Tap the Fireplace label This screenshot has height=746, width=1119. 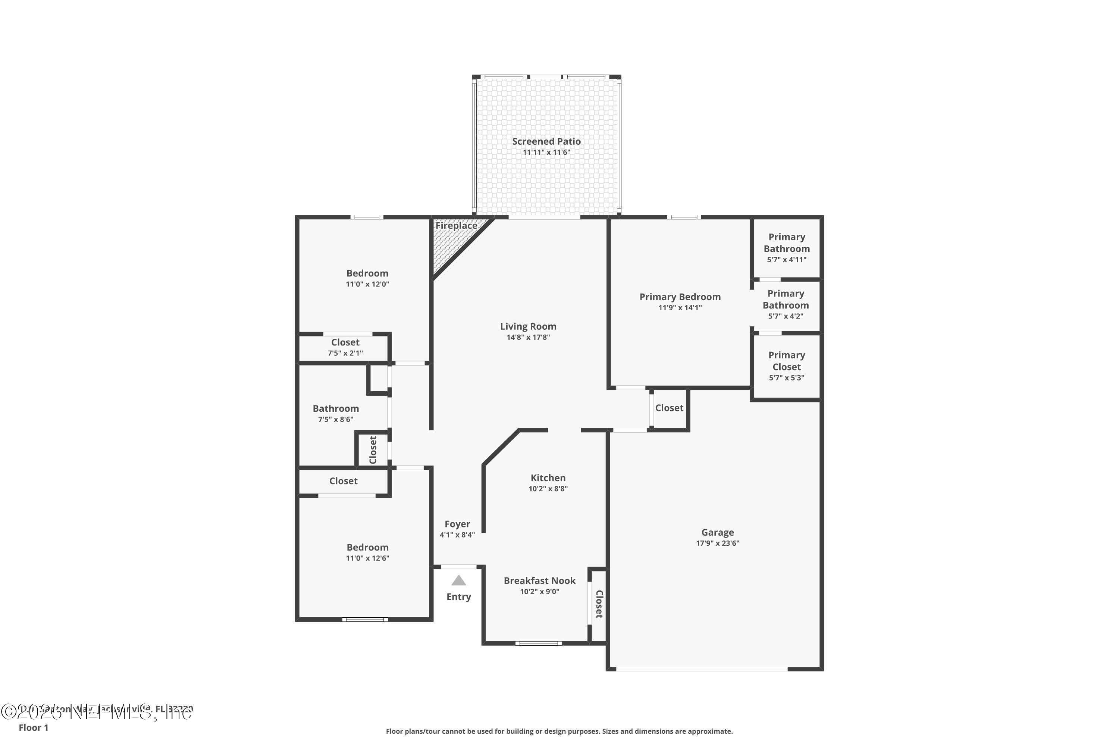tap(456, 226)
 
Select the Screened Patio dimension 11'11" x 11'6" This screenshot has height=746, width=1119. tap(546, 152)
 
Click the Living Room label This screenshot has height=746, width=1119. tap(528, 326)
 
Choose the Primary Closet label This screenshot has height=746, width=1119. tap(786, 361)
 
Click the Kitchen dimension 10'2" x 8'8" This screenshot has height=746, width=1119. tap(548, 489)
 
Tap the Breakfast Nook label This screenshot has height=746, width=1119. tap(539, 580)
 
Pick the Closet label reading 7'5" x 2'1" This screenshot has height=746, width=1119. tap(345, 342)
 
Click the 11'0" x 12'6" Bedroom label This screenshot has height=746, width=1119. tap(367, 547)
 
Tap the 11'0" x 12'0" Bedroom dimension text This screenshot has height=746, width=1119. tap(367, 284)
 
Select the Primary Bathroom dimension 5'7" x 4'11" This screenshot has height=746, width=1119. tap(786, 260)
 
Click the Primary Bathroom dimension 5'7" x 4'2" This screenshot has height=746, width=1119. tap(785, 316)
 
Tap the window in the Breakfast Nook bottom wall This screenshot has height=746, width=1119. tap(538, 643)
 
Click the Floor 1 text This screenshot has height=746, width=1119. tap(33, 727)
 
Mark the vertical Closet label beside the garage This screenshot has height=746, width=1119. tap(599, 604)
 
